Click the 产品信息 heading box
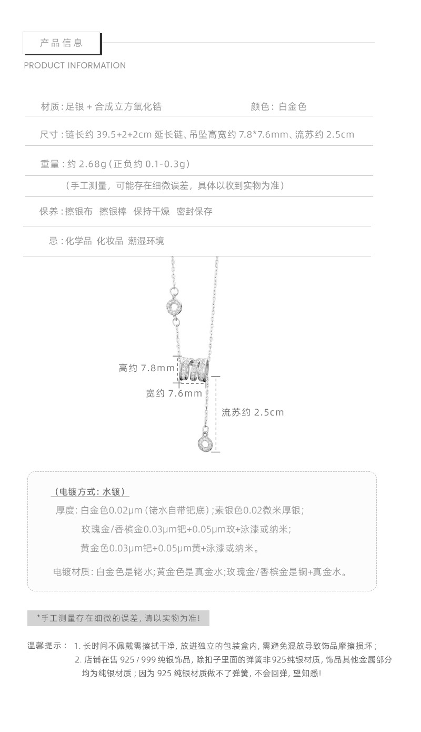pyautogui.click(x=62, y=43)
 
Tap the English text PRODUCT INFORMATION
pyautogui.click(x=75, y=66)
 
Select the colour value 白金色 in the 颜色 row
pyautogui.click(x=293, y=107)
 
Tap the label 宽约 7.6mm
pyautogui.click(x=174, y=393)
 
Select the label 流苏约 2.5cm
pyautogui.click(x=253, y=412)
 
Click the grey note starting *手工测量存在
pyautogui.click(x=118, y=618)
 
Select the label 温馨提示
pyautogui.click(x=47, y=646)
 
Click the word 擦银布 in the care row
pyautogui.click(x=78, y=212)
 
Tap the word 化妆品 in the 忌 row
pyautogui.click(x=109, y=241)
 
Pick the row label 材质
pyautogui.click(x=51, y=107)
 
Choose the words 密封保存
pyautogui.click(x=195, y=212)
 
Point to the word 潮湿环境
pyautogui.click(x=146, y=241)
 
